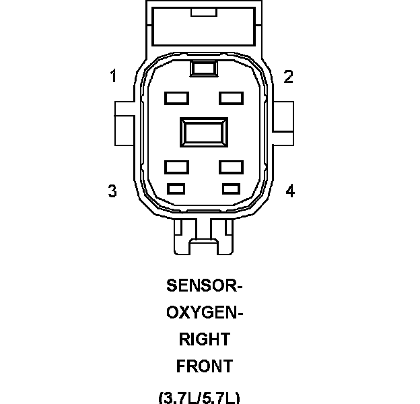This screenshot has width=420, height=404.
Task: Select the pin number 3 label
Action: click(x=113, y=191)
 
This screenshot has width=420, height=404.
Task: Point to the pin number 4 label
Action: click(x=290, y=191)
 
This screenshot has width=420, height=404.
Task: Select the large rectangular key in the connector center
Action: click(x=203, y=132)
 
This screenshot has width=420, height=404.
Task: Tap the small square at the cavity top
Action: click(x=203, y=68)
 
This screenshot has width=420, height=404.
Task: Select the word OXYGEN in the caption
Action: click(x=203, y=313)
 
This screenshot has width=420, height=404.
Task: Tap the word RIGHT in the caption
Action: click(x=204, y=339)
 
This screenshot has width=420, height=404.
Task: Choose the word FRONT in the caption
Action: click(x=204, y=366)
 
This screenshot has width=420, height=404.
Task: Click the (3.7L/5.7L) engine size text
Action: click(x=199, y=397)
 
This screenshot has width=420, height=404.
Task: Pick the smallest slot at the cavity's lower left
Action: click(x=176, y=187)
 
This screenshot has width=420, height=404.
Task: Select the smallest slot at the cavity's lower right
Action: click(x=231, y=187)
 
